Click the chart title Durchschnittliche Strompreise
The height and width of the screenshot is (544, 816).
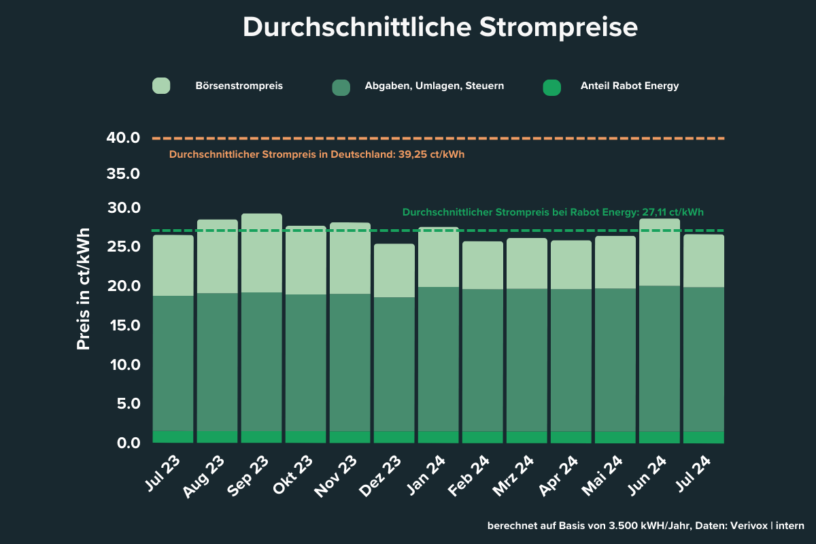(440, 28)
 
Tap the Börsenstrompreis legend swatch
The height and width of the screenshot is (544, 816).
(161, 86)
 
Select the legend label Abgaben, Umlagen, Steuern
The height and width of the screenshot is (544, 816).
(434, 86)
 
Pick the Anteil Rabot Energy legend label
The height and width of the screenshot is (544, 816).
(630, 86)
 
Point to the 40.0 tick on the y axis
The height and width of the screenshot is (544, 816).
(123, 138)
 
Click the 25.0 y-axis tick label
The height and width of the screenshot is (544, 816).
(123, 246)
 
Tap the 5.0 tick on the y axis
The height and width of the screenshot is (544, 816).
(126, 404)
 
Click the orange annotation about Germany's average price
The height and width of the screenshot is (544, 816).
(317, 154)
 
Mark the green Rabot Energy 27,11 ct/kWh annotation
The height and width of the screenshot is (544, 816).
(553, 212)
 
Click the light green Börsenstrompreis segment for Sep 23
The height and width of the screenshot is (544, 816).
(262, 253)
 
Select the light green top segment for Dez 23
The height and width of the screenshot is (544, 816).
(394, 271)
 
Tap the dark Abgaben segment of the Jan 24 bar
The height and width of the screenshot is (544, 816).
(439, 359)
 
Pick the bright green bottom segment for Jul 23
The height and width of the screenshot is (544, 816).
(173, 437)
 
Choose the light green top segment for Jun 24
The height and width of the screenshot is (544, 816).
(660, 252)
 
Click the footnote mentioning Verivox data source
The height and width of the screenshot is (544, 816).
(645, 526)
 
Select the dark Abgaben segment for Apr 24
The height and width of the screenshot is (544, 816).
(571, 360)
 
